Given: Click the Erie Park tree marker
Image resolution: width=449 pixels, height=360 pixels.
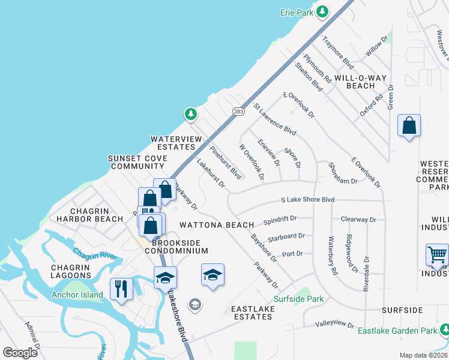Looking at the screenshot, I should [x=322, y=12].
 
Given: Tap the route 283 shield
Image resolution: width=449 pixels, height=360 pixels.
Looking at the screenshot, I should [x=238, y=111].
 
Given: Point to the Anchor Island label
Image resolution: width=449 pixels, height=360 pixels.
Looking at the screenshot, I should [x=77, y=295].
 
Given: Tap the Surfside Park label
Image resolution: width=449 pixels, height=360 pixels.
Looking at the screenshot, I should [x=298, y=299].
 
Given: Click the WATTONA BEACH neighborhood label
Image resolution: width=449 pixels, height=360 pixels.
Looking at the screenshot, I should [x=215, y=225].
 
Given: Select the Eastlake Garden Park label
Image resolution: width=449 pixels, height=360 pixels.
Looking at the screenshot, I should [x=397, y=331].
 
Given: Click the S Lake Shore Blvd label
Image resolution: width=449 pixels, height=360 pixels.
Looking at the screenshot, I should [x=307, y=200].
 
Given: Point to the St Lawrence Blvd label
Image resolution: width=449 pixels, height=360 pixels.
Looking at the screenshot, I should [x=275, y=119].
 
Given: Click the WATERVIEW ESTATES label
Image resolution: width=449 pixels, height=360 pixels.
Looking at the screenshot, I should [x=176, y=143].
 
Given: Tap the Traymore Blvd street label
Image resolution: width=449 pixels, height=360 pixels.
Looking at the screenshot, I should [x=338, y=52].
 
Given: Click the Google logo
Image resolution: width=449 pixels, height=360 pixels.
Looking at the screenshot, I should [x=20, y=353].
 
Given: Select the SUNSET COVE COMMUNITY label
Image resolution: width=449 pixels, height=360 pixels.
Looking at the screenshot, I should [x=137, y=162].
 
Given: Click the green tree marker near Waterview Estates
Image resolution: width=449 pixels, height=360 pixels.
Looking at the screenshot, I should [x=190, y=113].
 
